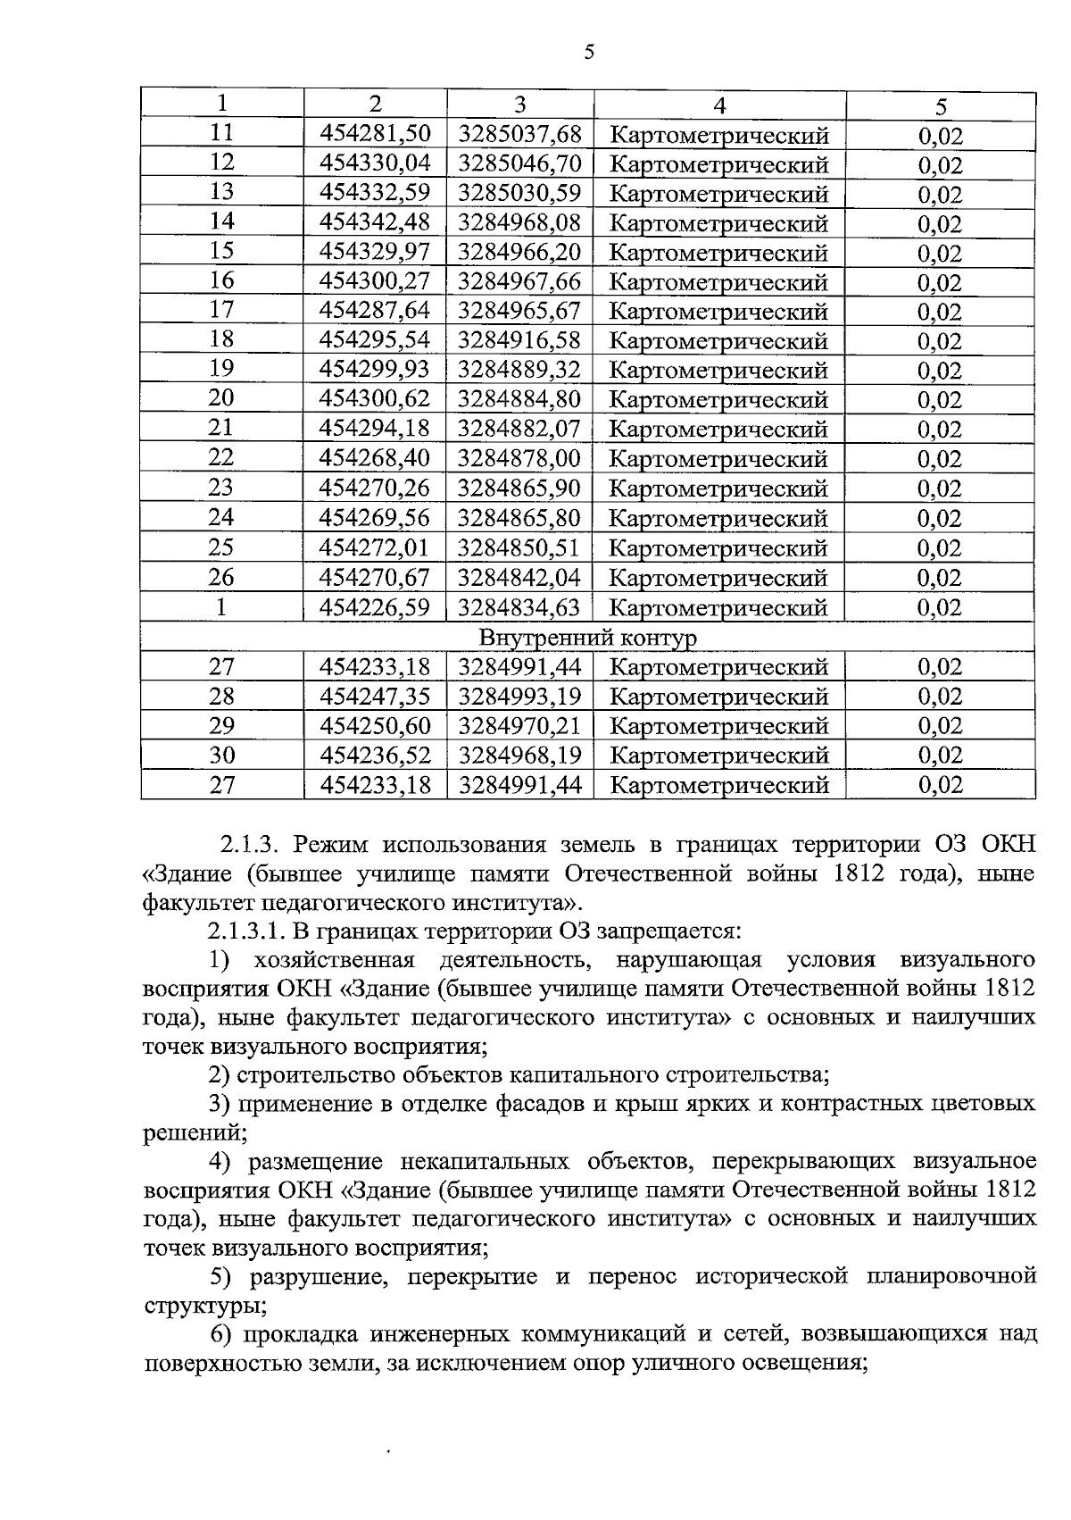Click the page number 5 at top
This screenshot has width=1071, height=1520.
[x=588, y=52]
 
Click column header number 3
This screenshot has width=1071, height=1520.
[x=520, y=104]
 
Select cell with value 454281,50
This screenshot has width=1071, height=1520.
[x=375, y=134]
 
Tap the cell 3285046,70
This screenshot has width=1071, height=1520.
[x=519, y=163]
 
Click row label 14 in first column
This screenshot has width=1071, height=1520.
[x=221, y=221]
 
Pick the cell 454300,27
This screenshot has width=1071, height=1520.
[x=375, y=281]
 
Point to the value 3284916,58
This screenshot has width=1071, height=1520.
[x=519, y=340]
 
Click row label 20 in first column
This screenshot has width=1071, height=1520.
[x=221, y=398]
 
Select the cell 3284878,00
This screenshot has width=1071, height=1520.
[x=519, y=458]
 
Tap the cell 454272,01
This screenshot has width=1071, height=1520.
[x=375, y=547]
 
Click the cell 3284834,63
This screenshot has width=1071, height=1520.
[x=519, y=607]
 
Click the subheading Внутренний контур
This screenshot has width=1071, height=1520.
[x=588, y=638]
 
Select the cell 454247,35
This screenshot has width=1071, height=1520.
[x=375, y=696]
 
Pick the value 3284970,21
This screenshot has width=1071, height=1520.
[x=519, y=725]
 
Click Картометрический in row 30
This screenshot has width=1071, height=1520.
[x=719, y=756]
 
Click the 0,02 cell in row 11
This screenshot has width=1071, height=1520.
[x=940, y=136]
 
